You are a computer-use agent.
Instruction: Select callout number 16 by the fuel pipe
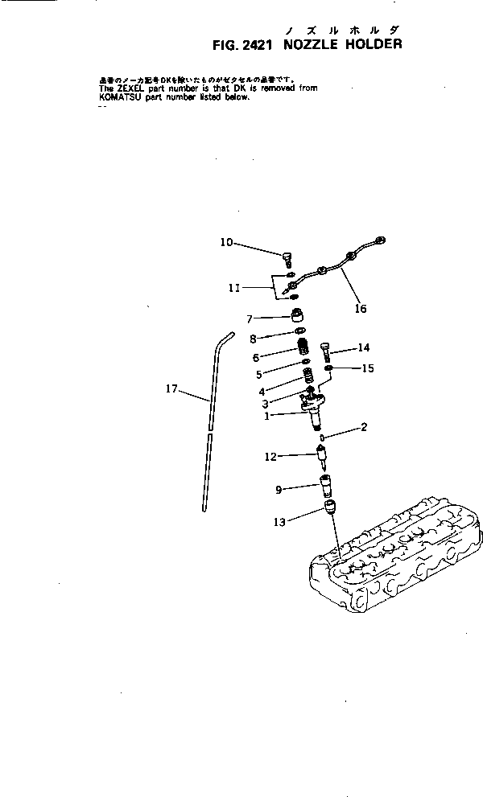click(360, 307)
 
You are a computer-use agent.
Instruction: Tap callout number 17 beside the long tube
click(171, 388)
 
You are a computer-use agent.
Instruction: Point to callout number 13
click(279, 522)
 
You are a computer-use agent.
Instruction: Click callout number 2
click(364, 427)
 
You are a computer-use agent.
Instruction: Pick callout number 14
click(364, 347)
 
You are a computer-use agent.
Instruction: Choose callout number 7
click(250, 318)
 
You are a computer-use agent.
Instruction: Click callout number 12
click(270, 457)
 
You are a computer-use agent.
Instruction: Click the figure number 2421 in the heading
click(251, 45)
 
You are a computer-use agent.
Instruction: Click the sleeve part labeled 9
click(328, 487)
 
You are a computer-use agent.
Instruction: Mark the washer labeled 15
click(329, 369)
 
